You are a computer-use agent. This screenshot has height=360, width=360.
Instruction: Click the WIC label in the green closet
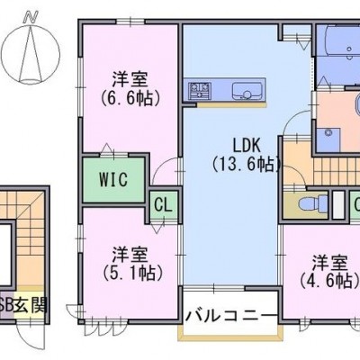click(113, 179)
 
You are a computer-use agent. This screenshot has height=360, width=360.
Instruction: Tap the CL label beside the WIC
click(163, 205)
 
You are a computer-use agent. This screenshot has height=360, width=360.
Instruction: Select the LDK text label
click(247, 146)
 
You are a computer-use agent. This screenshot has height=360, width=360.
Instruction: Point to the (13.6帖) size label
click(247, 164)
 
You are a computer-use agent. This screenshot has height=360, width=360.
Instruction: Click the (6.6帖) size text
click(130, 98)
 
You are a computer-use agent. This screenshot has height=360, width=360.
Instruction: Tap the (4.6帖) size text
click(330, 281)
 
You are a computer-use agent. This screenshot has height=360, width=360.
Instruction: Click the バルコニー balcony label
click(231, 316)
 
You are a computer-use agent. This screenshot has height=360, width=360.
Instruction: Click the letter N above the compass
click(31, 17)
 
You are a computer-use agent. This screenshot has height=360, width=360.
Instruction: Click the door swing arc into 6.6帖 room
click(160, 168)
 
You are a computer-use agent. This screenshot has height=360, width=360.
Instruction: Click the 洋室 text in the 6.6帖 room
click(130, 80)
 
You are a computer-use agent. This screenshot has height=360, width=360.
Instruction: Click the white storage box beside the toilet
click(338, 204)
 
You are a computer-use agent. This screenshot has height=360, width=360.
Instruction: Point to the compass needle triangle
click(30, 53)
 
